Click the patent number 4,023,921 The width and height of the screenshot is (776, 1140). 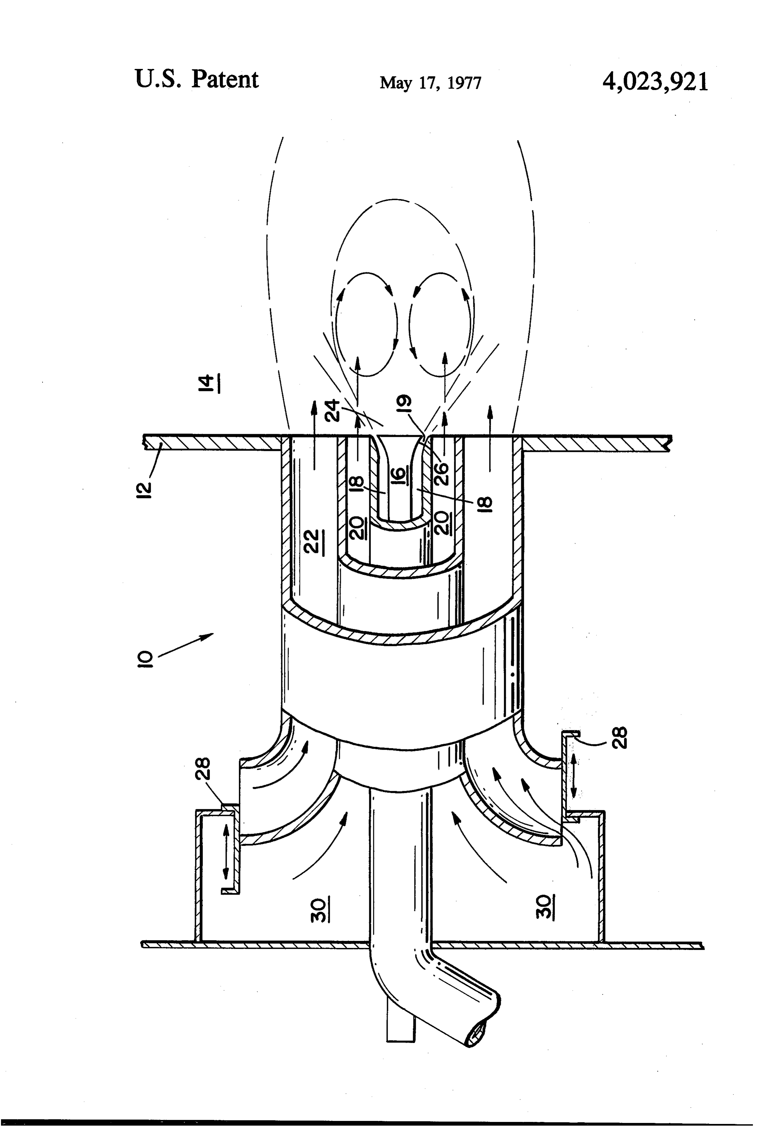coord(655,81)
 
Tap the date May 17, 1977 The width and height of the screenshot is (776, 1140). coord(430,82)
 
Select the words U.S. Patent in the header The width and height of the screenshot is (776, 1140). coord(196,80)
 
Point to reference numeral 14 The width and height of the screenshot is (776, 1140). coord(209,383)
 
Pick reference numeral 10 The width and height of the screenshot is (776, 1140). coord(146,658)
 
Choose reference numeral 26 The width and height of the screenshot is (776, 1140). coord(442,471)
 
